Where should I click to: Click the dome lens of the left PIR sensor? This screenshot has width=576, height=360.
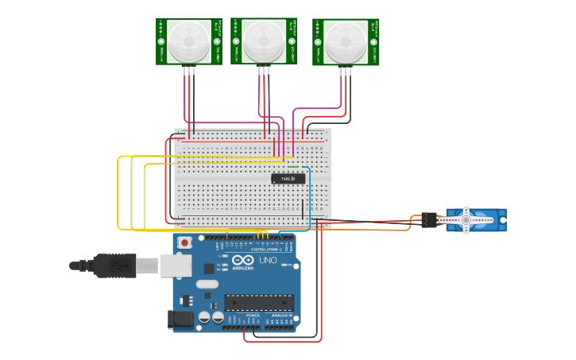[x=189, y=40]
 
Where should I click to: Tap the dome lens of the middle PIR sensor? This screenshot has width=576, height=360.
[x=264, y=40]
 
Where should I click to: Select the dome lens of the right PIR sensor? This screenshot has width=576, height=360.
[x=346, y=41]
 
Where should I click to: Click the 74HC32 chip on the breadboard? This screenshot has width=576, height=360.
[x=288, y=179]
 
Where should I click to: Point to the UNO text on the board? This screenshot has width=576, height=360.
[x=268, y=261]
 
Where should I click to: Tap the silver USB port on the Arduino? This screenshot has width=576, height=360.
[x=176, y=265]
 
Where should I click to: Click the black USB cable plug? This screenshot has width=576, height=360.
[x=114, y=265]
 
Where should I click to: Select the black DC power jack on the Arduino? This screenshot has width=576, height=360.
[x=180, y=319]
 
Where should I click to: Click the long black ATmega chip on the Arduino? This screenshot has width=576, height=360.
[x=259, y=302]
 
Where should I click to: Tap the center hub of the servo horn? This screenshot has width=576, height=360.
[x=466, y=219]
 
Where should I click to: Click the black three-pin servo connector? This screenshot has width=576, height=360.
[x=430, y=220]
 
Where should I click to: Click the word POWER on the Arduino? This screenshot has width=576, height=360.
[x=253, y=315]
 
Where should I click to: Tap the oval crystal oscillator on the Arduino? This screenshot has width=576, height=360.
[x=207, y=285]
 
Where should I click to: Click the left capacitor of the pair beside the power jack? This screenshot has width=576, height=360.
[x=204, y=317]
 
